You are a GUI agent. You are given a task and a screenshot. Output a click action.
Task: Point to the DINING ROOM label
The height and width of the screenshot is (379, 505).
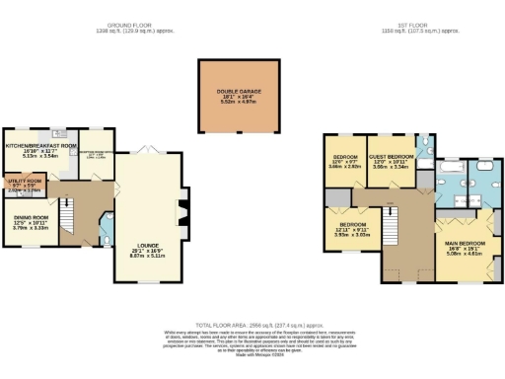30,218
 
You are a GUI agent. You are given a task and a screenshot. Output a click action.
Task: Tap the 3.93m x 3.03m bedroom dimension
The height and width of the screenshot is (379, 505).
351,234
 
